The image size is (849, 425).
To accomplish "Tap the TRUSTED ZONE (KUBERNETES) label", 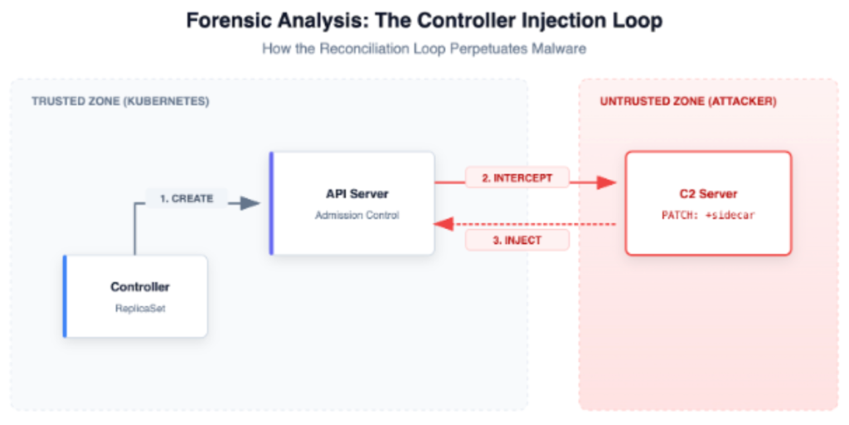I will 120,101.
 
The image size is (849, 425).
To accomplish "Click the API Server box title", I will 357,194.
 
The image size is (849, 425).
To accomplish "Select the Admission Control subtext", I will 357,215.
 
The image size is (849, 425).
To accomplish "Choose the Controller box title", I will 139,287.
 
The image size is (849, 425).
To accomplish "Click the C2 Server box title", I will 707,194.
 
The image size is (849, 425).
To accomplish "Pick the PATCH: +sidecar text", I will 707,214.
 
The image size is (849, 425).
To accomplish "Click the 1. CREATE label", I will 187,199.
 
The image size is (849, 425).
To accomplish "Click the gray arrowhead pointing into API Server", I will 249,203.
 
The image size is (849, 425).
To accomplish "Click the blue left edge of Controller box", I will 65,296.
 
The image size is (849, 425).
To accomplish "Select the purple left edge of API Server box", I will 271,203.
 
